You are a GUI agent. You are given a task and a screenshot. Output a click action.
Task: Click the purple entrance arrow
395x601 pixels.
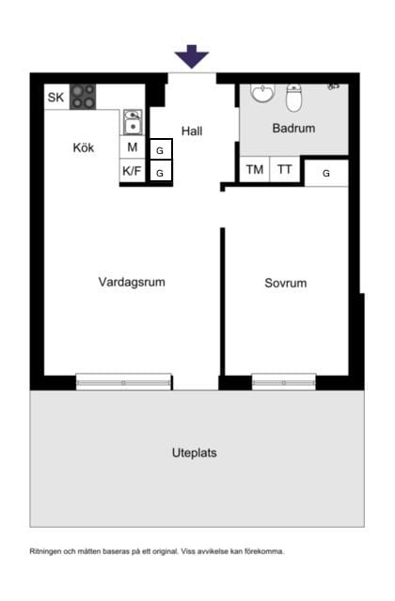pos(192,56)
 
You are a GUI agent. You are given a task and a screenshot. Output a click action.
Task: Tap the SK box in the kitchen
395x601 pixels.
pos(56,97)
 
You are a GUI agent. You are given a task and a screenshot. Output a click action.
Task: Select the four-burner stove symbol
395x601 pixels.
pos(83,97)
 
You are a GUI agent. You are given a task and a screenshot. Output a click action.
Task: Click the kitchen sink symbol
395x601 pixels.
pos(133,122)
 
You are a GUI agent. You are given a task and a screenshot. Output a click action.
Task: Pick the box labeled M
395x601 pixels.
pos(133,148)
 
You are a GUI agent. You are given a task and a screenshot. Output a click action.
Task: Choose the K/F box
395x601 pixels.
pos(133,172)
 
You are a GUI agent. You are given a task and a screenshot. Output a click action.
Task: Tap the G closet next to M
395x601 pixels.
pos(161,150)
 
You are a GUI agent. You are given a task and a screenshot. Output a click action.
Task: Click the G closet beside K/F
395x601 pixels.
pos(161,173)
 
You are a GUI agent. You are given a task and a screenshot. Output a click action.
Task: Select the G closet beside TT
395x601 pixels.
pos(326,173)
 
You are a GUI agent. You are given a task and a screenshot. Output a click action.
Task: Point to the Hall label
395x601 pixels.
pos(192,131)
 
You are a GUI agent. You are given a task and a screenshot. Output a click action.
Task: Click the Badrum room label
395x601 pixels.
pos(293,128)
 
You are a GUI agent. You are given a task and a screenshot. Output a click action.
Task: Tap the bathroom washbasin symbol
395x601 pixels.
pos(262,94)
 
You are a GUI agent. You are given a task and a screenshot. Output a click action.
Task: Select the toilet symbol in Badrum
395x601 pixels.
pos(294,97)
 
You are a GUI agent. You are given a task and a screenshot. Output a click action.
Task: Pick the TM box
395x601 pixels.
pos(254,170)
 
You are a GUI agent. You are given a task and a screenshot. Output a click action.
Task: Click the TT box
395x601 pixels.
pos(284,170)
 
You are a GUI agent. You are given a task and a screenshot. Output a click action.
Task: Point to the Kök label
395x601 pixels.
pos(84,147)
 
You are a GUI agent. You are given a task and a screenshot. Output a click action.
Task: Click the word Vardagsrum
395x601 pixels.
pos(132,282)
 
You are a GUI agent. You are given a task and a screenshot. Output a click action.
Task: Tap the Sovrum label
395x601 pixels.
pos(285,283)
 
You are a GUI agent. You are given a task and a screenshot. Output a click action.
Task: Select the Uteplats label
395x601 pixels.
pos(195,453)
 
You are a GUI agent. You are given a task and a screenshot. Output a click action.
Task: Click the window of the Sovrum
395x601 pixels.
pos(283,382)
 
